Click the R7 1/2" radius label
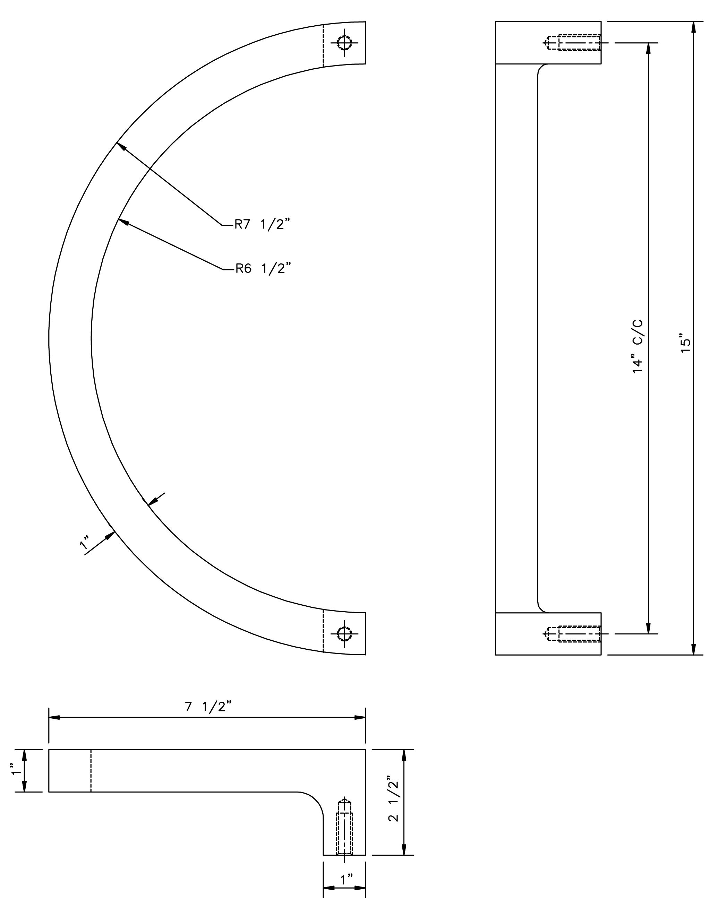tap(262, 225)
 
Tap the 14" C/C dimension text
tap(638, 347)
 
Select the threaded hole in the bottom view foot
tap(345, 827)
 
